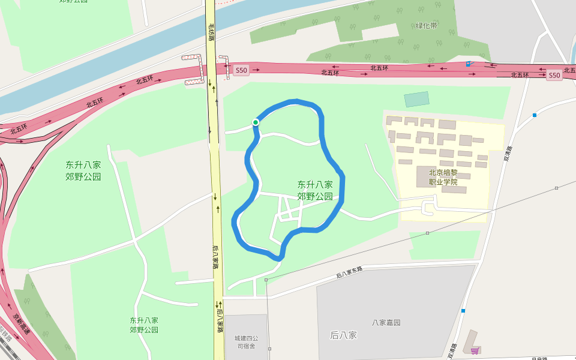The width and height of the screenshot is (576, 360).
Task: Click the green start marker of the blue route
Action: tap(256, 122)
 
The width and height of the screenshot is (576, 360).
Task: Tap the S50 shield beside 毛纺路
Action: tap(241, 70)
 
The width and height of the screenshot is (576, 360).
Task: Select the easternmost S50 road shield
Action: tap(554, 76)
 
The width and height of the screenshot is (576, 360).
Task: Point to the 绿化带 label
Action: tap(427, 26)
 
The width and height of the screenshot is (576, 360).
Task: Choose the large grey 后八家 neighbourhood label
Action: tap(344, 335)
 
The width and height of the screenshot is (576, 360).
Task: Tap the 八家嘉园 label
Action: tap(386, 322)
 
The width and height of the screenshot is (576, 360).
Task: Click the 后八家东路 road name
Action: tap(350, 272)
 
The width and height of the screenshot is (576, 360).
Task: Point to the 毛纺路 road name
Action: tap(211, 32)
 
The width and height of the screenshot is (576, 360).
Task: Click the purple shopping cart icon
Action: tap(475, 350)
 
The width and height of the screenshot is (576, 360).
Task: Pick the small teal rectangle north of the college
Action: tap(416, 100)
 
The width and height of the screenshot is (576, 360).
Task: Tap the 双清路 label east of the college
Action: tap(508, 154)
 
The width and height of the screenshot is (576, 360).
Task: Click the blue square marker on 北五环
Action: tap(468, 64)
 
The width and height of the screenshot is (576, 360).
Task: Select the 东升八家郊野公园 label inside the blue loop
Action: tap(315, 190)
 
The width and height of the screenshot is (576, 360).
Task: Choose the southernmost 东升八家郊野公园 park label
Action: tap(144, 325)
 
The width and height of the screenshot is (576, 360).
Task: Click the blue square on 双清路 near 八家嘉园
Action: tap(463, 311)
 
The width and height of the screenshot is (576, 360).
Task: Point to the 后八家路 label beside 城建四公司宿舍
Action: tap(220, 317)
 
